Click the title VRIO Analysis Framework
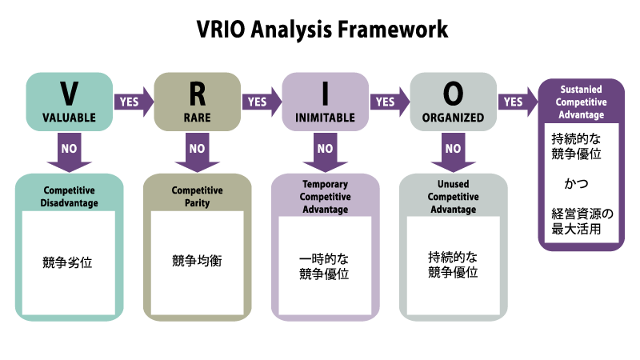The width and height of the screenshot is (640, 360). (322, 30)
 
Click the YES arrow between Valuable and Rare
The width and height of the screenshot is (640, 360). (131, 102)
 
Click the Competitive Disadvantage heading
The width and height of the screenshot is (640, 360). (70, 197)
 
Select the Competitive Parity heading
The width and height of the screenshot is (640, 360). (197, 197)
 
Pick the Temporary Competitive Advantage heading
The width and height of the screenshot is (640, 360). (325, 197)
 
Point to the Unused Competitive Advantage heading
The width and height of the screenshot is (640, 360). (453, 197)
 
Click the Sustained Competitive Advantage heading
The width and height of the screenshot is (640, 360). (582, 102)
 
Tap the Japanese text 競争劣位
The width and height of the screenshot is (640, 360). (69, 261)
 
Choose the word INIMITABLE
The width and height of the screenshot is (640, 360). (325, 117)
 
